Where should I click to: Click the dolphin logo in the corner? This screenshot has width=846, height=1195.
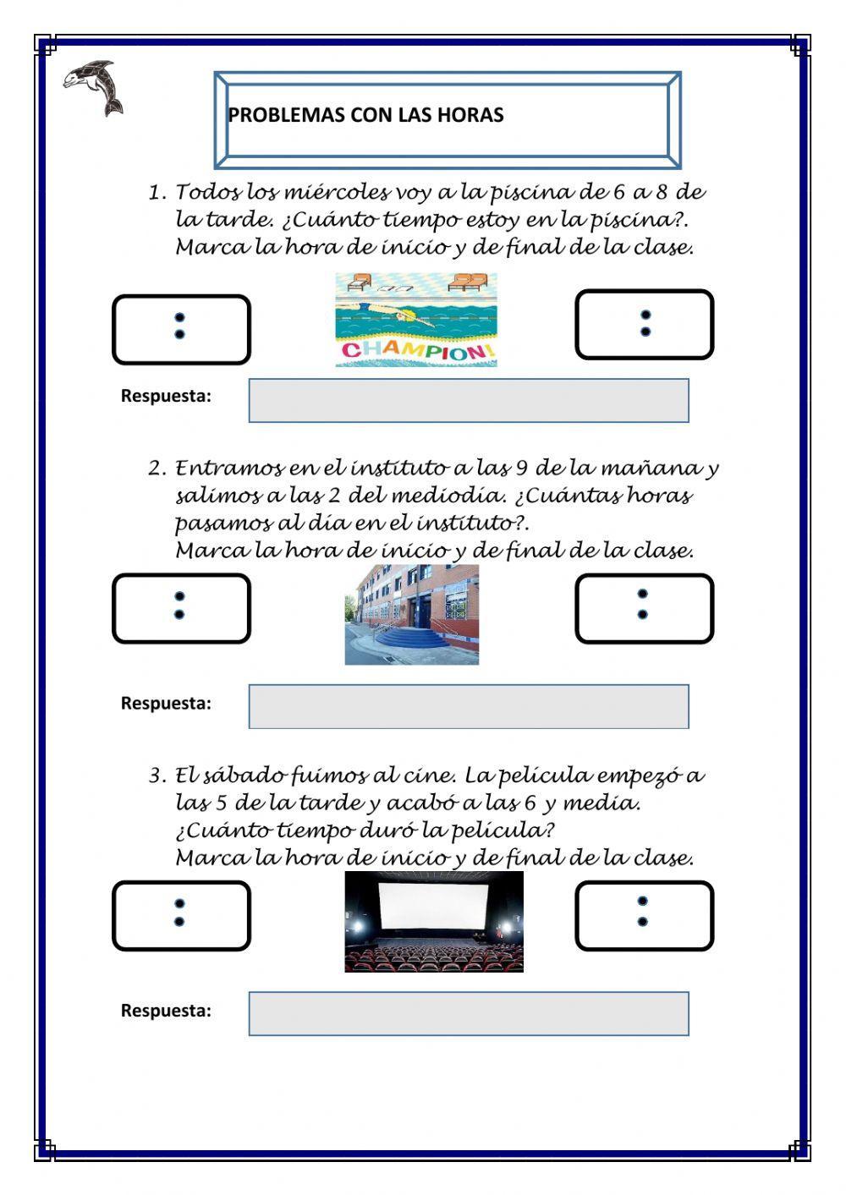93,87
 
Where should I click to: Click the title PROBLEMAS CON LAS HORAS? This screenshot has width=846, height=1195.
365,115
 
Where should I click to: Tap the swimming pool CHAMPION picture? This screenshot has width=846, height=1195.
415,319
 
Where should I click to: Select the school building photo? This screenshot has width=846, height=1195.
412,615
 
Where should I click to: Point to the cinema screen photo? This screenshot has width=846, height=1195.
434,922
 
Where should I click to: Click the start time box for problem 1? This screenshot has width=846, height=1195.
181,329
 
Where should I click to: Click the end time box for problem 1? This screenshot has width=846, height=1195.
645,325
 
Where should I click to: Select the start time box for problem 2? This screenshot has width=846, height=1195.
181,608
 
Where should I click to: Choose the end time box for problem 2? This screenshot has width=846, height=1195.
645,608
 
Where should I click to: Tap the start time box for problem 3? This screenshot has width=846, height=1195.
181,916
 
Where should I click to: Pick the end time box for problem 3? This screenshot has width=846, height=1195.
645,915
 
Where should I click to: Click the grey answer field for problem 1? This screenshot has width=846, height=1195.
469,401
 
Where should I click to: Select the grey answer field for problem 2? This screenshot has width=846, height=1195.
469,707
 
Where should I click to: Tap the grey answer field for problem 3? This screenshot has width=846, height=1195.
469,1014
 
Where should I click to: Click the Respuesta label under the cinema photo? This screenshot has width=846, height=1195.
166,1011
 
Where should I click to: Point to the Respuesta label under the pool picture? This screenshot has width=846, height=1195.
166,396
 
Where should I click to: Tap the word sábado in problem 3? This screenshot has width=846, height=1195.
244,776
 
